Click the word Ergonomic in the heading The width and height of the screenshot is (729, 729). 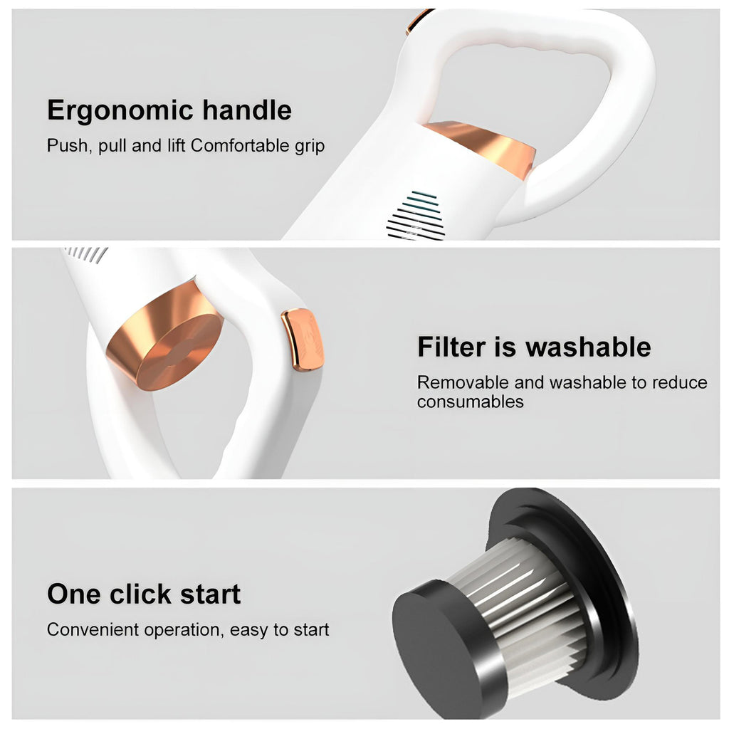click(120, 111)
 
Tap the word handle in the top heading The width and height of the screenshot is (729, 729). click(247, 110)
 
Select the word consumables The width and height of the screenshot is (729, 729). click(470, 402)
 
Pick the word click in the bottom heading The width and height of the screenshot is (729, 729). click(141, 594)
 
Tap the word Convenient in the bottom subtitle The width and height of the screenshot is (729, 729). click(93, 629)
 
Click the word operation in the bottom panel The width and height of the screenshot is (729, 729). click(184, 631)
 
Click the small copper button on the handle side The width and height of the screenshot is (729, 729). click(302, 340)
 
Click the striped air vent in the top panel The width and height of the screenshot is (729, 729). click(416, 216)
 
